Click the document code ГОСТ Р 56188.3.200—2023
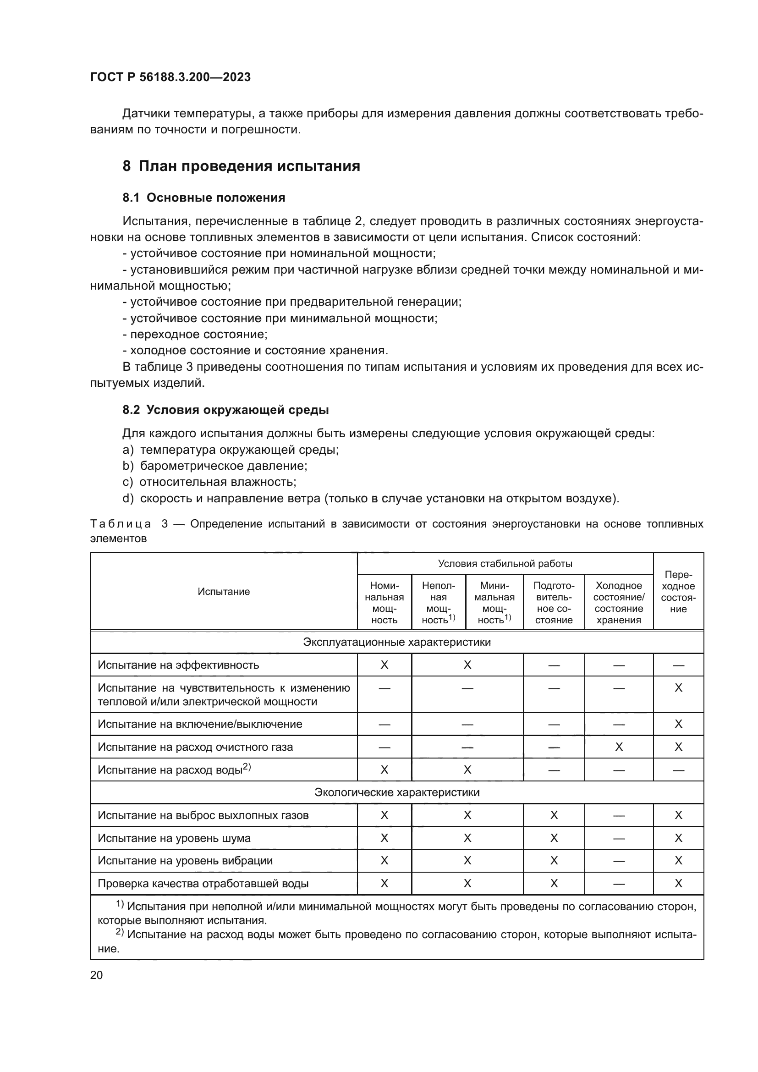click(x=170, y=77)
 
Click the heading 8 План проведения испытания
click(x=242, y=166)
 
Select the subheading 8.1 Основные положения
click(x=204, y=198)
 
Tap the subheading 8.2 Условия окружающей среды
click(x=225, y=410)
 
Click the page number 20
click(x=96, y=975)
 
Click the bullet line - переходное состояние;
click(x=195, y=334)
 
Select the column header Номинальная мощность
click(x=384, y=603)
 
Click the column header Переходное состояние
click(x=678, y=592)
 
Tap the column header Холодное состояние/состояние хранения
click(x=619, y=603)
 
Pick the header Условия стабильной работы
click(x=505, y=564)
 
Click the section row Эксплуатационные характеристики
click(x=397, y=642)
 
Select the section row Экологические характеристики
click(x=397, y=792)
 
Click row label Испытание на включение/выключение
click(x=200, y=724)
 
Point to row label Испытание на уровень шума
click(x=174, y=838)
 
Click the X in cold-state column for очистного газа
click(x=619, y=747)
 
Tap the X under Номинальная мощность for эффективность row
click(x=384, y=665)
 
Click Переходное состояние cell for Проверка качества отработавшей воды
click(x=678, y=883)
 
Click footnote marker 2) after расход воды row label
click(x=247, y=767)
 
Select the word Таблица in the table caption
click(x=121, y=524)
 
